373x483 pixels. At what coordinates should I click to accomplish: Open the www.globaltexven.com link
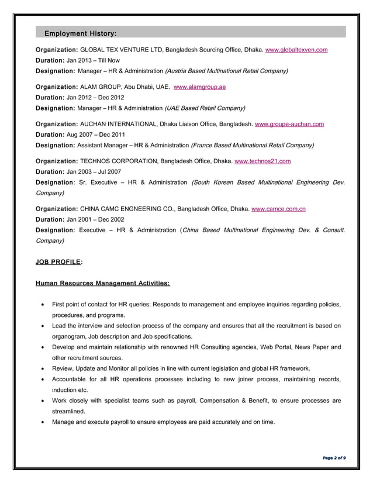point(296,50)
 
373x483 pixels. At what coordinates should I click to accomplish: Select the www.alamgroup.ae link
point(200,87)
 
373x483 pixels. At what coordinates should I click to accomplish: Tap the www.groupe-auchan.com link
point(289,124)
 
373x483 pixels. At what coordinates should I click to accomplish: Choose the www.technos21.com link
point(263,161)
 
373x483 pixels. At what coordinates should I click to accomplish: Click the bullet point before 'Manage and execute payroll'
point(43,422)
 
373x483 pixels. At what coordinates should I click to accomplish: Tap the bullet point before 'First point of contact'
point(43,305)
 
